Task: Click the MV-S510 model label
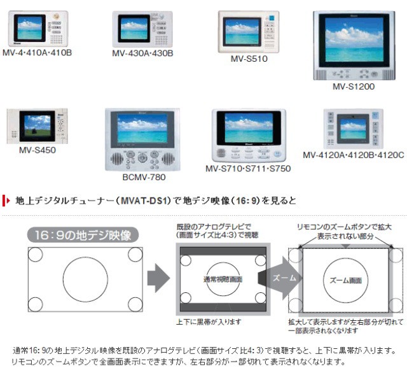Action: [x=249, y=59]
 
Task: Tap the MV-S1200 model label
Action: [x=354, y=87]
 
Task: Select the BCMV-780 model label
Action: [x=144, y=177]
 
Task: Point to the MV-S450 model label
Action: [x=38, y=150]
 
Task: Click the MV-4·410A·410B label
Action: [x=37, y=53]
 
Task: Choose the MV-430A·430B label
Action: [x=142, y=53]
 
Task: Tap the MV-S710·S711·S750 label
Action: [x=248, y=169]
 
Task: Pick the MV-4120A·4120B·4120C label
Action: [x=354, y=155]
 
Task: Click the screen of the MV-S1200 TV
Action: [x=354, y=39]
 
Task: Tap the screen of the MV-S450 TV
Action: [x=38, y=126]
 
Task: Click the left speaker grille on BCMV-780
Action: [x=117, y=159]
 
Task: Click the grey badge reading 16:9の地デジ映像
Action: [x=83, y=235]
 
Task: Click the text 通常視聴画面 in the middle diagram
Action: [x=223, y=279]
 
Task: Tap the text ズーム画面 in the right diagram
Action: [x=346, y=280]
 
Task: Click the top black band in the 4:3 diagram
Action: [x=223, y=251]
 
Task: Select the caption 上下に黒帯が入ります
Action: [x=209, y=322]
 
